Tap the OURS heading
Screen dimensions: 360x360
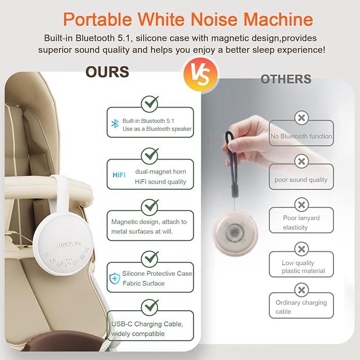click(x=107, y=72)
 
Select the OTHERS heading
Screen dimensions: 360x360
click(x=286, y=80)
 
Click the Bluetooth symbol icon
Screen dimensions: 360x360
click(x=115, y=124)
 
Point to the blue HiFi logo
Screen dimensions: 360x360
click(x=119, y=175)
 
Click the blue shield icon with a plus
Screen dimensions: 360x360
click(x=115, y=278)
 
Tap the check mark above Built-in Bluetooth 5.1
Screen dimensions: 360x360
click(x=150, y=102)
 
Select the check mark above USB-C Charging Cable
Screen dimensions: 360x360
click(x=150, y=307)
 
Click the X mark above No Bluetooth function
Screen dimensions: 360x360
click(x=301, y=118)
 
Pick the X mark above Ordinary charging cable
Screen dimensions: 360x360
click(x=301, y=290)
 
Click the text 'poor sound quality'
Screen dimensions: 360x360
click(x=301, y=180)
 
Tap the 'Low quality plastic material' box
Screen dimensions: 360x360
click(x=301, y=267)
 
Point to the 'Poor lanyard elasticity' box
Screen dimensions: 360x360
click(x=301, y=222)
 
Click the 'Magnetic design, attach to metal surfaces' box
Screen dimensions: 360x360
click(x=150, y=226)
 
